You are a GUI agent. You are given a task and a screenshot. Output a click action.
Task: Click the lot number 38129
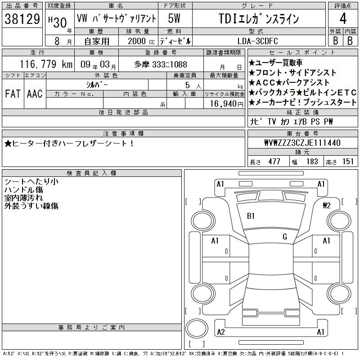pos(22,19)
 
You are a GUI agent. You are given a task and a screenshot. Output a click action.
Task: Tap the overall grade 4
pos(343,18)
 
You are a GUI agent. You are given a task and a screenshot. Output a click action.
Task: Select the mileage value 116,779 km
pos(46,64)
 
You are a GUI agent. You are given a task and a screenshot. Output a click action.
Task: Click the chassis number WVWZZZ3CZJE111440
pos(302,143)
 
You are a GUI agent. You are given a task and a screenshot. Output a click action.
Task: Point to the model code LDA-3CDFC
pos(257,41)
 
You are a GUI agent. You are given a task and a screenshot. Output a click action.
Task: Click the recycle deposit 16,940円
pos(227,104)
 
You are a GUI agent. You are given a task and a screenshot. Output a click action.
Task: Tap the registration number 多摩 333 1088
pos(161,64)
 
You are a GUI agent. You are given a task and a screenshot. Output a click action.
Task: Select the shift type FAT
pos(13,94)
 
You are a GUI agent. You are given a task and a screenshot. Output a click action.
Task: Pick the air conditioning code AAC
pos(35,94)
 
